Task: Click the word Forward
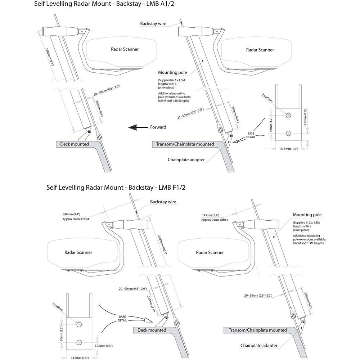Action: pyautogui.click(x=158, y=127)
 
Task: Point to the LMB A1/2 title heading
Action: pyautogui.click(x=106, y=5)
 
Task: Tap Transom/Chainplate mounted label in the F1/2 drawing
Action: pyautogui.click(x=255, y=330)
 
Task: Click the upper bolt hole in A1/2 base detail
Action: pyautogui.click(x=288, y=115)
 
